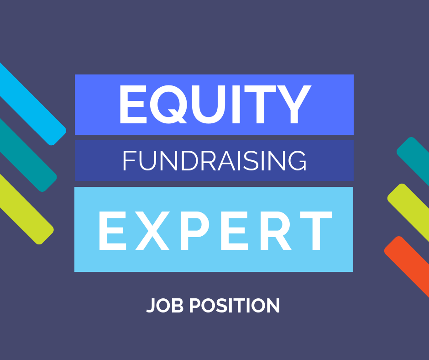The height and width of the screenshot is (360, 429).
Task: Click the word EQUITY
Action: coord(215,104)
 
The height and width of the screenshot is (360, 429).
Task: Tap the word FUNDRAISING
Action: coord(214,160)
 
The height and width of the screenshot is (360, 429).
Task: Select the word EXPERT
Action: coord(215,231)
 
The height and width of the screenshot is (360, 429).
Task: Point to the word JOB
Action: coord(165,305)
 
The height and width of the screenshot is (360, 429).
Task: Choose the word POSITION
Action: coord(235,305)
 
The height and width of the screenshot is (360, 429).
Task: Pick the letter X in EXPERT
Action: coord(153,231)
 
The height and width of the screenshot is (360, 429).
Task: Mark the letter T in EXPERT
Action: coord(316,231)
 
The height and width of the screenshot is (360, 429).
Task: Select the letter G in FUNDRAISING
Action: coord(297,160)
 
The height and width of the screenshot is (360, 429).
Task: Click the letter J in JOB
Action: coord(152,306)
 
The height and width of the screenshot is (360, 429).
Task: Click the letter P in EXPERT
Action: coord(194,231)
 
